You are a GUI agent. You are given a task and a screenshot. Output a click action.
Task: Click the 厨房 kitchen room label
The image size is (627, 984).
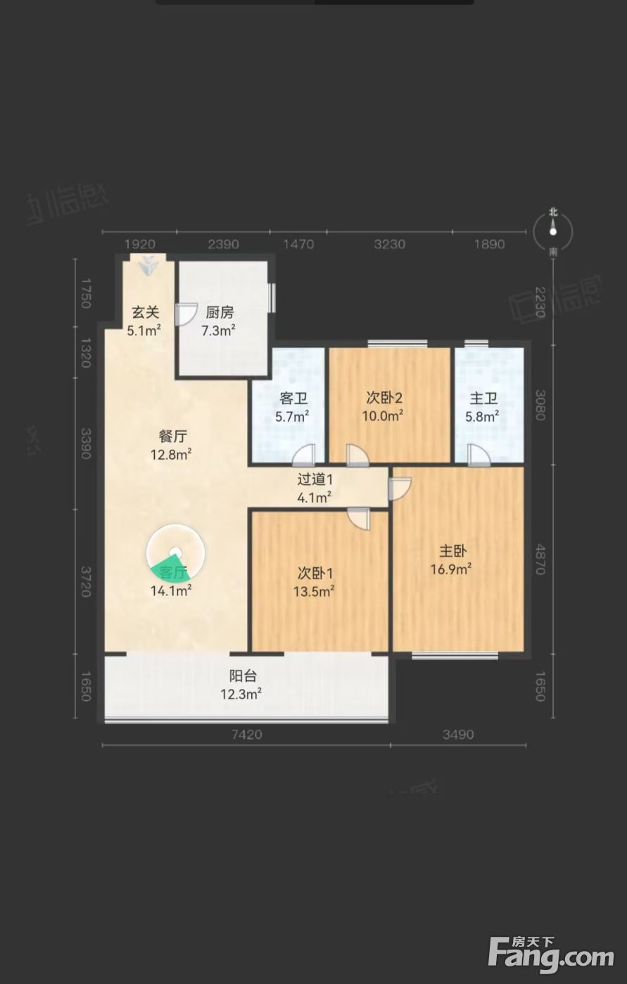coord(220,312)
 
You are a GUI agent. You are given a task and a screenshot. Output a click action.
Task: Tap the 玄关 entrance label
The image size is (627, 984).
coord(146,312)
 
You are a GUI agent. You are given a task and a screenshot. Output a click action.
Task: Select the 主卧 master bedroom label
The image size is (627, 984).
coord(453,551)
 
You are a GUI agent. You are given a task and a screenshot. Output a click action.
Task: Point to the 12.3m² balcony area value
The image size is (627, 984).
coord(241,694)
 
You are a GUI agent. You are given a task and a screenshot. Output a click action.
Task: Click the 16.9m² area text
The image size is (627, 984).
coord(451,569)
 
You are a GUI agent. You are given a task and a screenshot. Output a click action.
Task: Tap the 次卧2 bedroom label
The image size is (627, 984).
coord(385,398)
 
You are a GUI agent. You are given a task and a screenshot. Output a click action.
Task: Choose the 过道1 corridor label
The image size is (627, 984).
coord(315,479)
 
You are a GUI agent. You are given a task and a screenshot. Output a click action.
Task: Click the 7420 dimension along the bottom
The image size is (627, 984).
coord(247,734)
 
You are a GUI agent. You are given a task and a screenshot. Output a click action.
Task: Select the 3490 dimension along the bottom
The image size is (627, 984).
coord(458,734)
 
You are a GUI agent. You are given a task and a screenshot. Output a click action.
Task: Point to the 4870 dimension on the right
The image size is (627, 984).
coord(540,559)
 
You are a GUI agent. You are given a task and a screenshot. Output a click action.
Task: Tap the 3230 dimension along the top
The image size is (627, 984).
coord(390,245)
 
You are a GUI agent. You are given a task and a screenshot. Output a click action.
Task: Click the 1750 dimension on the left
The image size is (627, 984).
coord(86,293)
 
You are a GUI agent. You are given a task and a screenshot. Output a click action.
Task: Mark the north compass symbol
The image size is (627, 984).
coord(553,231)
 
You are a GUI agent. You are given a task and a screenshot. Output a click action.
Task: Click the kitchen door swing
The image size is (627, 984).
coord(186,314)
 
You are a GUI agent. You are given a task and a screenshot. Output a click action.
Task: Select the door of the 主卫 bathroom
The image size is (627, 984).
coord(479,455)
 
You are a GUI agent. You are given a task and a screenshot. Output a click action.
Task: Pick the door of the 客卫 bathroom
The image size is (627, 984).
coord(304,455)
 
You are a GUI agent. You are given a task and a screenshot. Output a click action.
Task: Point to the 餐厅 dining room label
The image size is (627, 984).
coord(173,436)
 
